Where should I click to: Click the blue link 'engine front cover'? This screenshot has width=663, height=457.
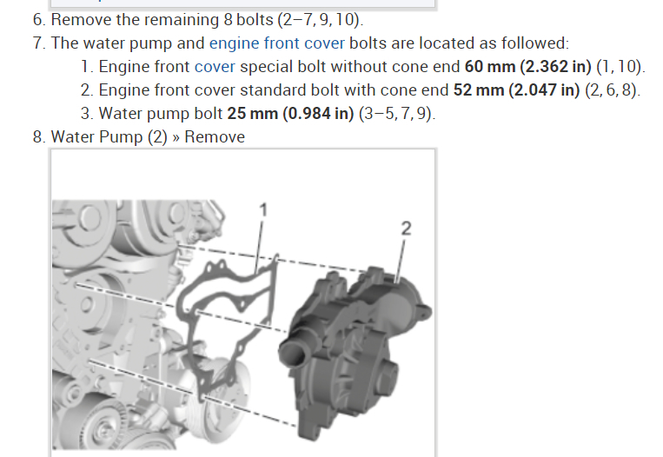[277, 43]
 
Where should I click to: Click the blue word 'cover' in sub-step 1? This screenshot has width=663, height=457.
[215, 67]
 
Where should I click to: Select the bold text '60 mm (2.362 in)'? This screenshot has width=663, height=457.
[527, 67]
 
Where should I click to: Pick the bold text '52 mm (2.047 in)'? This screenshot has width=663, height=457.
[516, 90]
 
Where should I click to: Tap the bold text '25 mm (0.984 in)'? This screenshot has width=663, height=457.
[290, 113]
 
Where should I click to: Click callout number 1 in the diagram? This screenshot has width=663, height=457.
[263, 210]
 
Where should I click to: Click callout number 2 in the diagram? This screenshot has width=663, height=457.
[406, 228]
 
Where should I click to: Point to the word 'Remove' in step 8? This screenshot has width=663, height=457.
[215, 137]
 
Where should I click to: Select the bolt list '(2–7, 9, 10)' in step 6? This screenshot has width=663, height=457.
[320, 20]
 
